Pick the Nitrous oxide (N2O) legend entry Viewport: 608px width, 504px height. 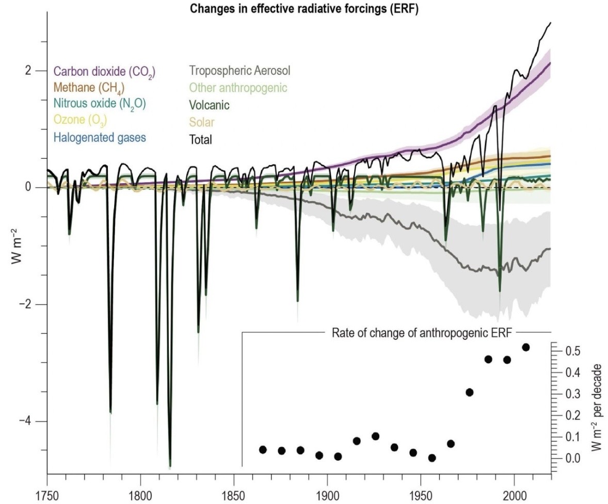(99, 104)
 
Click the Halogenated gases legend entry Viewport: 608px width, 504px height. (100, 137)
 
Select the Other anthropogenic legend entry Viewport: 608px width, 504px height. (238, 88)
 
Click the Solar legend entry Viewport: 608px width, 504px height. (202, 122)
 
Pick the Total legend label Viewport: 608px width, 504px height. (201, 139)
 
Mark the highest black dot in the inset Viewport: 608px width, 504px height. (526, 347)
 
